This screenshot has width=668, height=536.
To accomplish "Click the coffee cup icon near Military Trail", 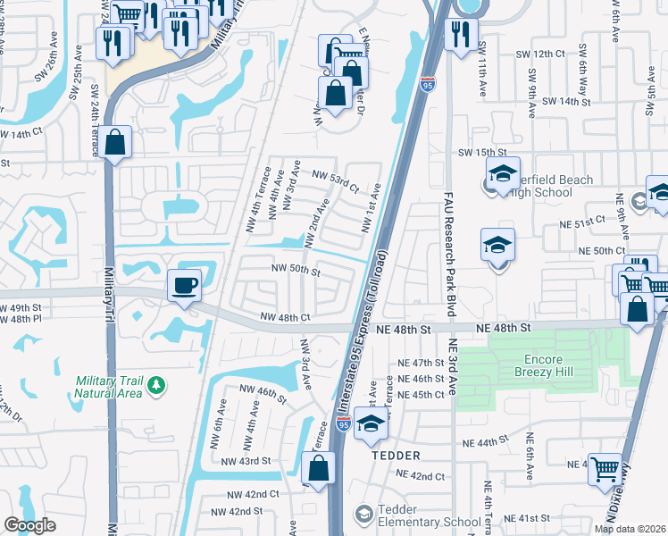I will (x=185, y=285).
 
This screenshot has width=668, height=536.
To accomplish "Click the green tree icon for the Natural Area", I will (x=157, y=385).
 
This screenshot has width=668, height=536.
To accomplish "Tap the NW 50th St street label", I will (x=296, y=270).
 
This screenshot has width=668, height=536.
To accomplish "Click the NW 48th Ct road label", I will (x=285, y=317).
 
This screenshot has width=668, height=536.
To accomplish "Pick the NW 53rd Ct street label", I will (x=335, y=181).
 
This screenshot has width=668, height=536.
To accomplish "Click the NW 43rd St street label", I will (x=247, y=461).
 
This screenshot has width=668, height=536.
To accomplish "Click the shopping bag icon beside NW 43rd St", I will (x=318, y=467).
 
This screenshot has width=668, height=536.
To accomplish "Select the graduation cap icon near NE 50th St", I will (x=497, y=245).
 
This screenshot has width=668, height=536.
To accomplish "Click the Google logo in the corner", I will (x=29, y=525).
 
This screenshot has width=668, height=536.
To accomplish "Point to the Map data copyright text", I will (x=630, y=529).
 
